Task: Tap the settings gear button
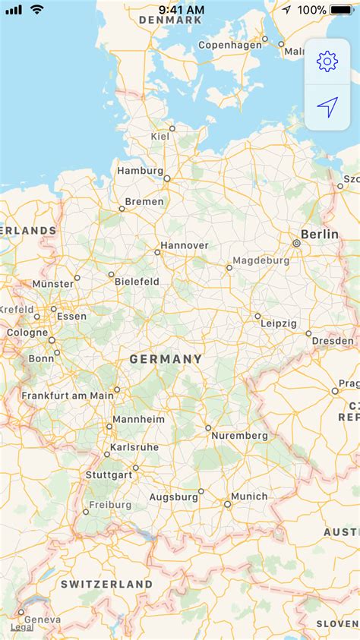point(327,61)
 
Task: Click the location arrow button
point(327,108)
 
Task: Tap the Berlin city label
point(320,235)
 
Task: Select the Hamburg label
point(140,171)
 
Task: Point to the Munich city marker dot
point(227,504)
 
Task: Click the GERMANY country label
point(166,359)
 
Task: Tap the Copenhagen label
point(229,45)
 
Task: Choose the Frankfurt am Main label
point(67,396)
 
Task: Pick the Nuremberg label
point(240,436)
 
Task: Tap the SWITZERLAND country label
point(107,585)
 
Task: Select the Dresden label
point(333,341)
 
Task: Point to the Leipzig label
point(278,323)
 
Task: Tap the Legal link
point(21,627)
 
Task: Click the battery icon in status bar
point(342,10)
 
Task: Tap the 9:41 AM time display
point(182,10)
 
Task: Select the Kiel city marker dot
point(172,128)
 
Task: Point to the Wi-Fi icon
point(36,9)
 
